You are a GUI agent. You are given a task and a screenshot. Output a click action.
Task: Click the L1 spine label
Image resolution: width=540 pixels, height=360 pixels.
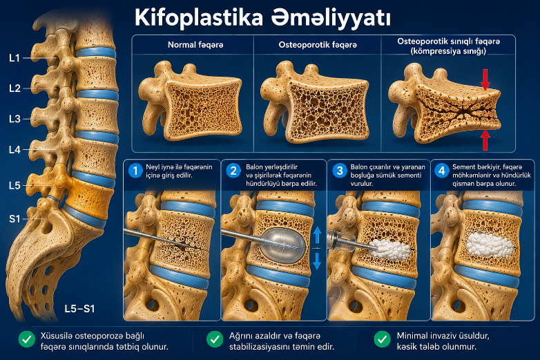pyautogui.click(x=15, y=58)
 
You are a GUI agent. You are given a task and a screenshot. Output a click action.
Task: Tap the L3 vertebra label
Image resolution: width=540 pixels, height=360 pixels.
pyautogui.click(x=15, y=119)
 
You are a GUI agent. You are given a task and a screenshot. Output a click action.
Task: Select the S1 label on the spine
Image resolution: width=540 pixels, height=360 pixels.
pyautogui.click(x=15, y=219)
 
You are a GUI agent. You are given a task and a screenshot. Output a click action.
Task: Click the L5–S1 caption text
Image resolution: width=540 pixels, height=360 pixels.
pyautogui.click(x=79, y=309)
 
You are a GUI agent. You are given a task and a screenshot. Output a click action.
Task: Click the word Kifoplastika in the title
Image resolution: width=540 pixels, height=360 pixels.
pyautogui.click(x=199, y=17)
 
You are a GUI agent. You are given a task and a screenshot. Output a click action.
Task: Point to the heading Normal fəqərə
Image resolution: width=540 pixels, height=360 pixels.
pyautogui.click(x=195, y=45)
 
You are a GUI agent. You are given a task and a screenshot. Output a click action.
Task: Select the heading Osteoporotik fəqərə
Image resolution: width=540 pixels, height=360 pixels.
pyautogui.click(x=318, y=45)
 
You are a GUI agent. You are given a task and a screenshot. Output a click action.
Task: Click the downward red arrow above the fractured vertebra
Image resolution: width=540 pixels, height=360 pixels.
pyautogui.click(x=485, y=79)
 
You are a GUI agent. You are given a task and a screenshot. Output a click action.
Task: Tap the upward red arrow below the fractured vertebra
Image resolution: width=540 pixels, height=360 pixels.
pyautogui.click(x=485, y=140)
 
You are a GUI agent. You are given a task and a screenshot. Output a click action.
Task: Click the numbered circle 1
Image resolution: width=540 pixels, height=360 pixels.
pyautogui.click(x=135, y=171)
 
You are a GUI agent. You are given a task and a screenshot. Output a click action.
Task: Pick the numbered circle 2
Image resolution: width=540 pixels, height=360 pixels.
pyautogui.click(x=233, y=171)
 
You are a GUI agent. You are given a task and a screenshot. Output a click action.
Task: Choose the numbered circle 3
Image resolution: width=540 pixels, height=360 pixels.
pyautogui.click(x=340, y=171)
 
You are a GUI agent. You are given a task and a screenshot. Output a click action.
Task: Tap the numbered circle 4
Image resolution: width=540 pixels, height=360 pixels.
pyautogui.click(x=441, y=171)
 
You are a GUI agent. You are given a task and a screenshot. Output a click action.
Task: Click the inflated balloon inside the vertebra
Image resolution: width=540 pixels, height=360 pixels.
pyautogui.click(x=282, y=245)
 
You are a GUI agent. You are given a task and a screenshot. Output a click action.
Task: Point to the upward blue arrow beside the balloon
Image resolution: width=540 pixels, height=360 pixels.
pyautogui.click(x=317, y=236)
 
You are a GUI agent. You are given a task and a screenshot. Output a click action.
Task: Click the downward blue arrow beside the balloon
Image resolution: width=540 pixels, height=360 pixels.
pyautogui.click(x=317, y=260)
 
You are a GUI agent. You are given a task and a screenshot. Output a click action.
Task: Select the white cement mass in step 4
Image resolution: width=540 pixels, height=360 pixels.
pyautogui.click(x=490, y=245)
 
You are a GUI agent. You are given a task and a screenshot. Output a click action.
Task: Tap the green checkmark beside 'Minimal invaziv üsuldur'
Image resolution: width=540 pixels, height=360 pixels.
pyautogui.click(x=382, y=339)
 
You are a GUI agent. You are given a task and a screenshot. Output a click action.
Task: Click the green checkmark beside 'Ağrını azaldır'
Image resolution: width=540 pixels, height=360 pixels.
pyautogui.click(x=215, y=339)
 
